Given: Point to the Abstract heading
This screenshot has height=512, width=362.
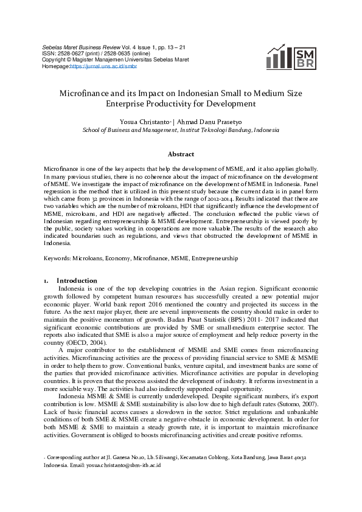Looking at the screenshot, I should pyautogui.click(x=181, y=154).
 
